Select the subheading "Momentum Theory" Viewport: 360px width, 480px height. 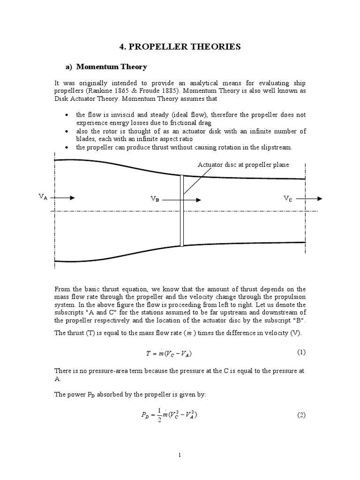pos(112,67)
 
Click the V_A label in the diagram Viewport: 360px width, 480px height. pos(43,197)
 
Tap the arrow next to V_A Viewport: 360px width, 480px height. pos(63,198)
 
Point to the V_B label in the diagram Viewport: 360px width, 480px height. pos(155,199)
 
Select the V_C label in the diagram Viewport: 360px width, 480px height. pos(288,199)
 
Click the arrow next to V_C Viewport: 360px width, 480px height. pos(309,199)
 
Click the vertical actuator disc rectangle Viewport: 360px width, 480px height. pos(181,210)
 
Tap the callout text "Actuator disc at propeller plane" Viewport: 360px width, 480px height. pos(243,165)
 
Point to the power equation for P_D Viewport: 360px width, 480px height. pos(166,415)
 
